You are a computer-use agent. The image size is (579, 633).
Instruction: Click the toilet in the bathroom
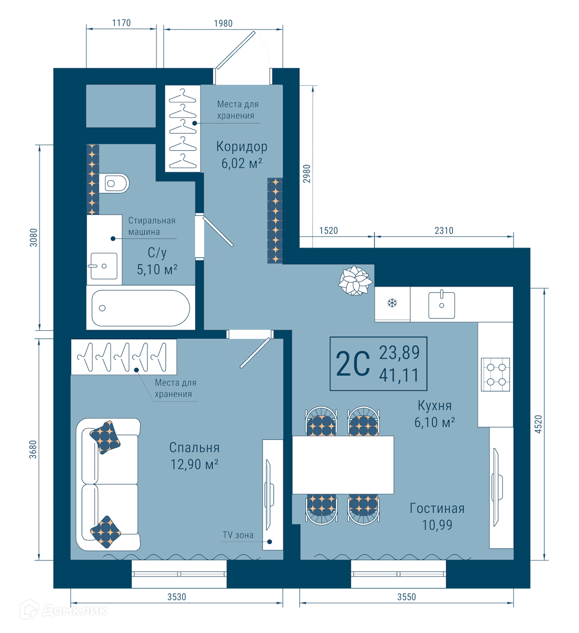click(x=114, y=183)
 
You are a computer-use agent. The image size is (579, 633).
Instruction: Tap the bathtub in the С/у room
click(x=141, y=308)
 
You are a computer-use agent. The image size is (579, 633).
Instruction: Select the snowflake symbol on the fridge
click(x=392, y=303)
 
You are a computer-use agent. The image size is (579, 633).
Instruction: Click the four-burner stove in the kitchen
click(x=495, y=375)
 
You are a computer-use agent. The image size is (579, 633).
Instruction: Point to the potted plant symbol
click(x=355, y=280)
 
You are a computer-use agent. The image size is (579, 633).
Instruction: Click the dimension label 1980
click(x=223, y=23)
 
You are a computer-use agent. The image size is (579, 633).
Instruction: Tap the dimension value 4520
click(x=538, y=424)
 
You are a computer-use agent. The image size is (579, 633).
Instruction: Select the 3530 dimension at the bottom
click(x=176, y=597)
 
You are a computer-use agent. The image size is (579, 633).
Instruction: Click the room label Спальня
click(x=194, y=448)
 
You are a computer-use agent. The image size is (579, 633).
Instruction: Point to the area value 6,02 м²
click(x=242, y=163)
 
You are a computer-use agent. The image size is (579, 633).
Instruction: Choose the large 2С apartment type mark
click(x=352, y=364)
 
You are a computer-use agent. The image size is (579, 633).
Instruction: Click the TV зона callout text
click(x=238, y=535)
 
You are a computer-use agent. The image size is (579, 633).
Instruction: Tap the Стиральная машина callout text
click(x=152, y=226)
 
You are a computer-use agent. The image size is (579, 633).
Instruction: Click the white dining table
click(x=343, y=465)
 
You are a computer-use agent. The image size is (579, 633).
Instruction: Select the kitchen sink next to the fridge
click(x=441, y=304)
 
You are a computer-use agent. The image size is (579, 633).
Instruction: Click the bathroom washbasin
click(x=103, y=266)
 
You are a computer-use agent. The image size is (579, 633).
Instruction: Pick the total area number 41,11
click(x=399, y=375)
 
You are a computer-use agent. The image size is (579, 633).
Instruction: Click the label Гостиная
click(x=437, y=509)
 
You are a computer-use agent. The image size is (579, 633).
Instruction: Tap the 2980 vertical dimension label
click(x=307, y=174)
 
